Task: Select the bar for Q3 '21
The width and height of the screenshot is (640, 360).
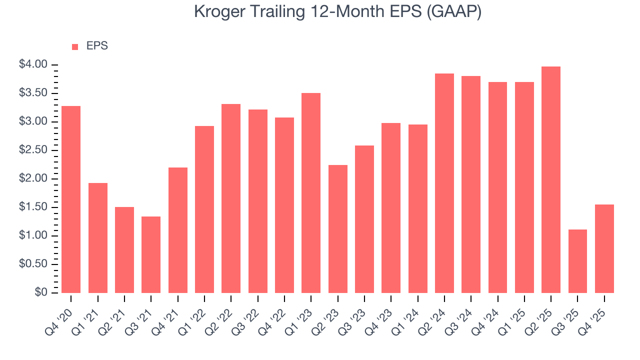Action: point(151,254)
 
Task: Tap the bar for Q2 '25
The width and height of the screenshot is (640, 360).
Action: point(550,179)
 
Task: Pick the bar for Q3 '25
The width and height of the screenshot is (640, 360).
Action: point(577,261)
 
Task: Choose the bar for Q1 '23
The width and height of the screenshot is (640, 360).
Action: point(311,192)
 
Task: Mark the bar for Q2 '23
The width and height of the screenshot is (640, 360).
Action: point(337,228)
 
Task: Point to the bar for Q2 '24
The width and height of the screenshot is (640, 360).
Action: point(444,183)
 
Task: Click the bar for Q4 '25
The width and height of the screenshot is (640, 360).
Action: point(604,248)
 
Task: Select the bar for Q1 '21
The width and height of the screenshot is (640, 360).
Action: point(97,237)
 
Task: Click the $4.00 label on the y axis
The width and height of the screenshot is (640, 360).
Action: point(33,64)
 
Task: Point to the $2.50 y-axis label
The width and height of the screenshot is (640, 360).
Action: point(33,150)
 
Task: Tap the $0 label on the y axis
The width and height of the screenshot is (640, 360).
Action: point(40,292)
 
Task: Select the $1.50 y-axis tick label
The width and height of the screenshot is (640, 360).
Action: point(33,207)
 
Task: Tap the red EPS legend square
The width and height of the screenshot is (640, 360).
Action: point(75,46)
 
